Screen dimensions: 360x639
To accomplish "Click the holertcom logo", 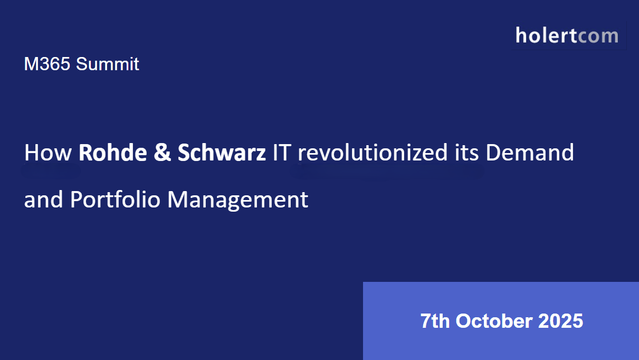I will pyautogui.click(x=567, y=35).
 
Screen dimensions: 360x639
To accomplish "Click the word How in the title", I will pyautogui.click(x=47, y=153).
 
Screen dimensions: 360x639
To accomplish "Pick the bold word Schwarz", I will pyautogui.click(x=222, y=153).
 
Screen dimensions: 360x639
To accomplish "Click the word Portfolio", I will pyautogui.click(x=116, y=200).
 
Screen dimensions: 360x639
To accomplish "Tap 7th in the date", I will pyautogui.click(x=435, y=321).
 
